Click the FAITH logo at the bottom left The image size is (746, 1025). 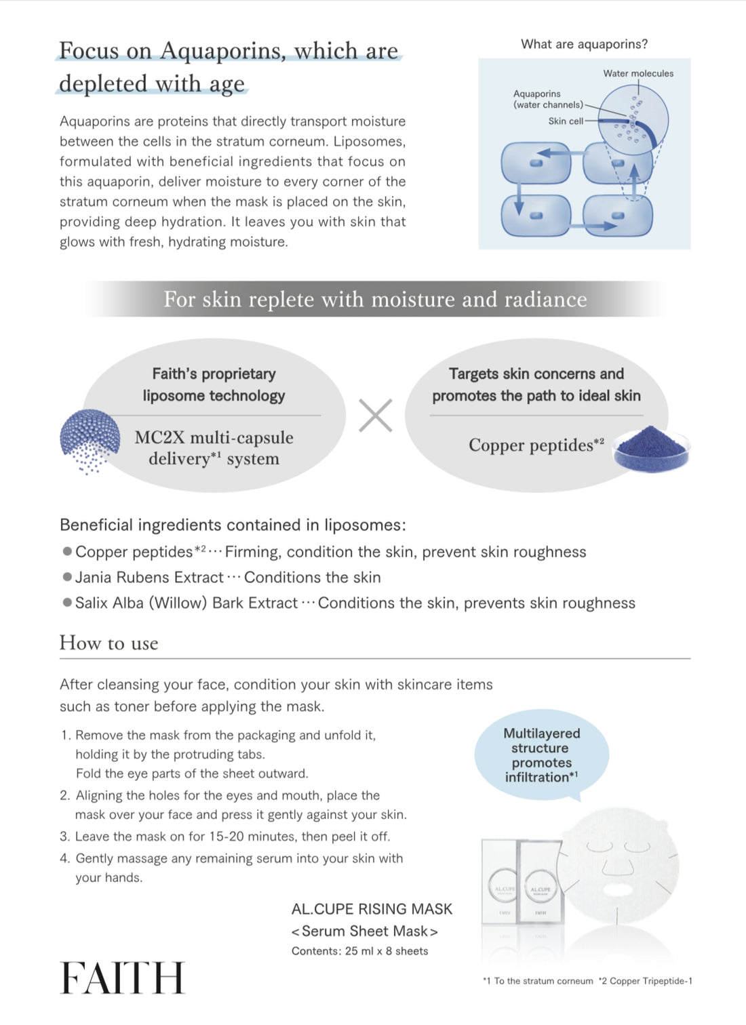[x=122, y=978]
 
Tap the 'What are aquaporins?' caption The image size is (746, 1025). [x=584, y=44]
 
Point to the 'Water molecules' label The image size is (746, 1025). [x=638, y=73]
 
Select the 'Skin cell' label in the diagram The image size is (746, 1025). [x=566, y=121]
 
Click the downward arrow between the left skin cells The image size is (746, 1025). [x=519, y=197]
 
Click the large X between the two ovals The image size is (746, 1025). [x=375, y=416]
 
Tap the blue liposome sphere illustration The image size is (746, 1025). [x=90, y=439]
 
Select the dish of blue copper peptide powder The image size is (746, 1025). [x=650, y=449]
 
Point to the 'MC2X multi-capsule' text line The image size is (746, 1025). [x=214, y=437]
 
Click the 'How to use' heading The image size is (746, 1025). [x=109, y=643]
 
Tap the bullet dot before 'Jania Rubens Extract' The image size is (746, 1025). [x=67, y=577]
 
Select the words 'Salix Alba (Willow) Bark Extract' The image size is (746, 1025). [x=186, y=603]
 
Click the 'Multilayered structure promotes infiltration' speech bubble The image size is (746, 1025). [x=541, y=755]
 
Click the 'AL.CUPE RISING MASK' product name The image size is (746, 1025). [x=372, y=909]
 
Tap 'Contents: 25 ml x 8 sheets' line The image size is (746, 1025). [x=359, y=951]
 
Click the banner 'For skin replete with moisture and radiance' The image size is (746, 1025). [x=375, y=299]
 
